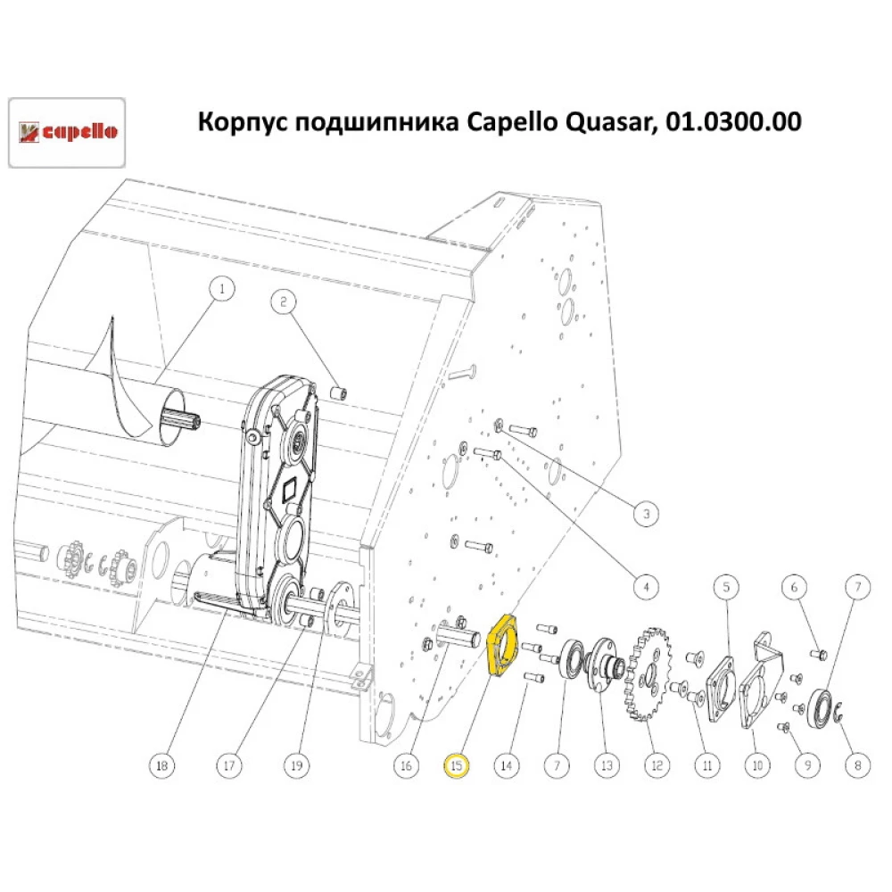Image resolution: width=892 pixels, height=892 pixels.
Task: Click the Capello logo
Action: coord(66,132)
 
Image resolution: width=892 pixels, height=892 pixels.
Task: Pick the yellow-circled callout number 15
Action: coord(457,764)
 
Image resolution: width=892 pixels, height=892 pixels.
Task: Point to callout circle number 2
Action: coord(284,301)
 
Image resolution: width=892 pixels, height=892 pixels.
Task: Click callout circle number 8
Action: coord(858,764)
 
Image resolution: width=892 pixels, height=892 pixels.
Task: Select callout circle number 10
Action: coord(758,764)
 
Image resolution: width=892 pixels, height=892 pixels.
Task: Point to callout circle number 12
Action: coord(657,764)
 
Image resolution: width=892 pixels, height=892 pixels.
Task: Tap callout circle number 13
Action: coord(607,764)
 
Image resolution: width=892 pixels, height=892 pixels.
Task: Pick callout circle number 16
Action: coord(406,764)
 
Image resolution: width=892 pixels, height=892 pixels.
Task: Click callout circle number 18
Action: coord(161,764)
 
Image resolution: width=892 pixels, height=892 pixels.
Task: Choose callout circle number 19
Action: coord(296,764)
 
